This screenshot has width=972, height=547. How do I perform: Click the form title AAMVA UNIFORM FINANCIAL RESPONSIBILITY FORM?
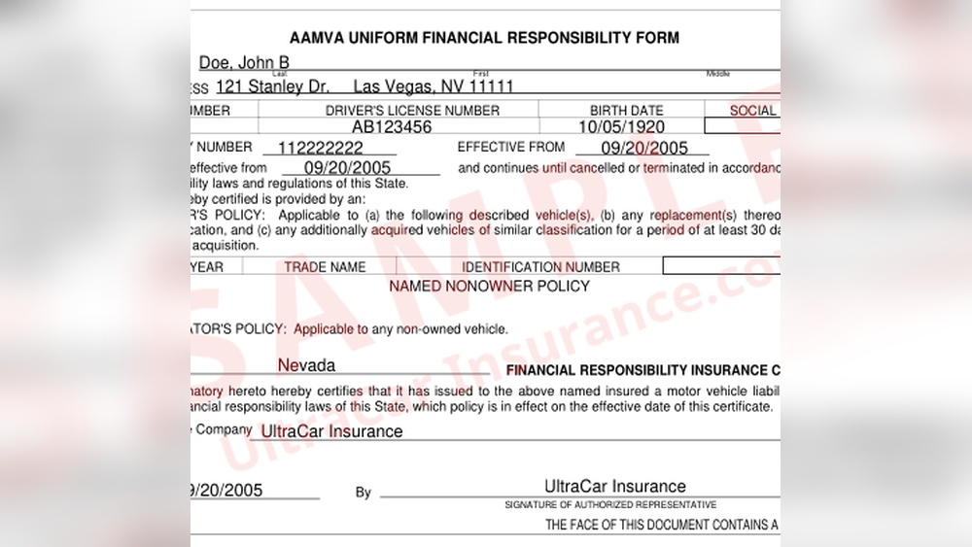(484, 38)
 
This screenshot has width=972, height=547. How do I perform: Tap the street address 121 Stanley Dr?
(273, 85)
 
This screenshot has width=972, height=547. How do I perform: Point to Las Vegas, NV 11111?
(434, 85)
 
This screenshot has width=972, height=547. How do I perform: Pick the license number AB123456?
(392, 126)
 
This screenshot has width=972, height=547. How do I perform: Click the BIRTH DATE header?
(626, 111)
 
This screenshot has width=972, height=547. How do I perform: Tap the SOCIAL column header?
(753, 111)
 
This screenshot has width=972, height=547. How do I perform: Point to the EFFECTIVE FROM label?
(510, 148)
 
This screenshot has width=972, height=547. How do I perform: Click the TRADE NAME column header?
(325, 266)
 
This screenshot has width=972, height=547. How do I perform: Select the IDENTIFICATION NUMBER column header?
(540, 266)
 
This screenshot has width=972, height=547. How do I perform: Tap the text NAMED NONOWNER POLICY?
(489, 287)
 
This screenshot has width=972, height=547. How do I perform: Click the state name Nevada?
(306, 366)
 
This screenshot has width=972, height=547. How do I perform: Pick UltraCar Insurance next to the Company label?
(331, 431)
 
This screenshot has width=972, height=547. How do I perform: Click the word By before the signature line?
(363, 493)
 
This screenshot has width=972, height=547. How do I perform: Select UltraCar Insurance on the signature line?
(614, 487)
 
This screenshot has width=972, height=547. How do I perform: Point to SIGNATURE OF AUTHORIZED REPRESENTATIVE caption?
(610, 505)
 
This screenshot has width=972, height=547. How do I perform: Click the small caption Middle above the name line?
(718, 74)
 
